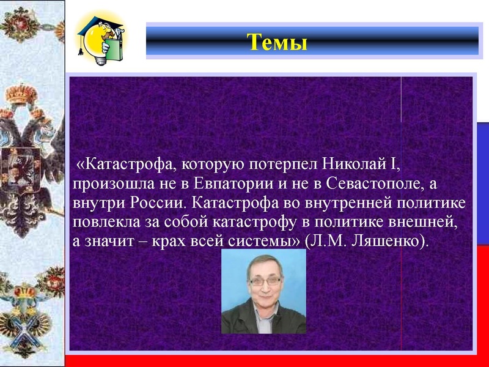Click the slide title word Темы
coord(277,43)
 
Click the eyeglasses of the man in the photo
coord(265,281)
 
